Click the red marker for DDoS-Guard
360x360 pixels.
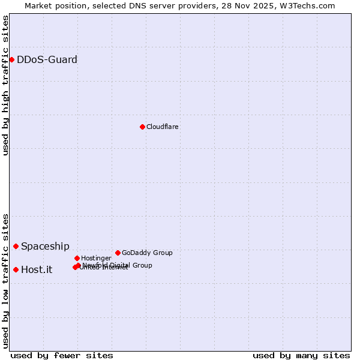click(11, 59)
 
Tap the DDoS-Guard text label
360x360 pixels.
click(47, 59)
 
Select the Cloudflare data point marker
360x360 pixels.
click(142, 127)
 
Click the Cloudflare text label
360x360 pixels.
click(163, 127)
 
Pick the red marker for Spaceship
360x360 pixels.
click(16, 246)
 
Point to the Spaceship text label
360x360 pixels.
click(45, 246)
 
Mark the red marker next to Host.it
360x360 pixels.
click(16, 269)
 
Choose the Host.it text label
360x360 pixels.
click(37, 269)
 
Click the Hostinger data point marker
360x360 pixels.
click(77, 258)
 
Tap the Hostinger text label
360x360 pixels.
click(97, 258)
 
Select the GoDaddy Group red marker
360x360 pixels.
click(118, 253)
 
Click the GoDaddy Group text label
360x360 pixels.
click(147, 253)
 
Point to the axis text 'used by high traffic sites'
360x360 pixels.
click(5, 86)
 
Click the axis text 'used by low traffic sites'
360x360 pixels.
click(5, 281)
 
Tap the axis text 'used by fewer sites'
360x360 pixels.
click(62, 355)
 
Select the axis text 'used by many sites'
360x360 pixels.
click(301, 355)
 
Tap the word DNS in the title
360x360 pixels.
click(133, 5)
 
